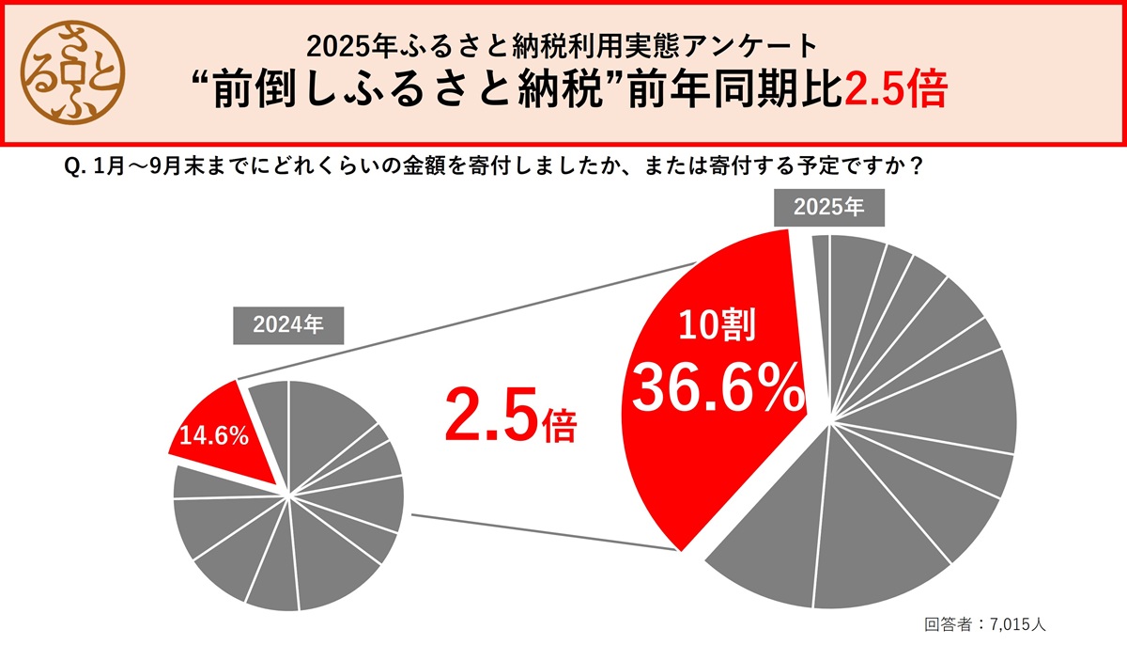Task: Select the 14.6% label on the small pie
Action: tap(213, 436)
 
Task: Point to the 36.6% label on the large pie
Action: tap(718, 388)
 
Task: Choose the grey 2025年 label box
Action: tap(828, 209)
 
